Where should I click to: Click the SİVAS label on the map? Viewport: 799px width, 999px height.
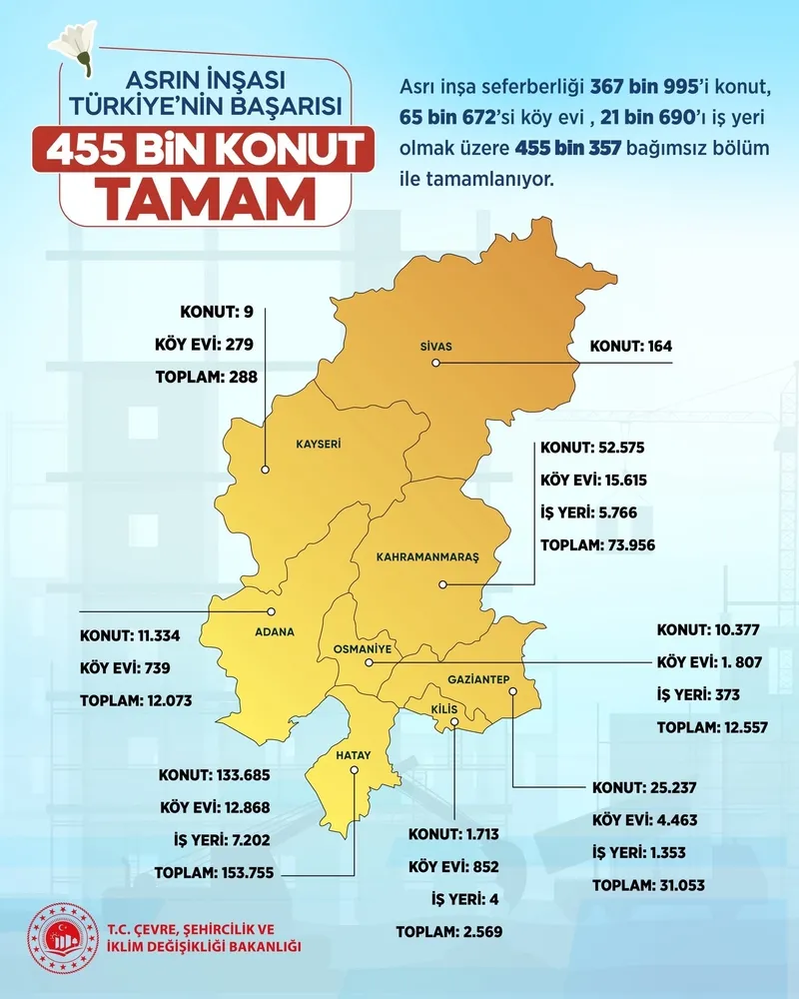click(435, 347)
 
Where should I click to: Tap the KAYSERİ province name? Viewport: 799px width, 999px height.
click(320, 442)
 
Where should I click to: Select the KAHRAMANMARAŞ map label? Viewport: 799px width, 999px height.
click(428, 556)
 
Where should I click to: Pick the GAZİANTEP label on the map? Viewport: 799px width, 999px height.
click(480, 680)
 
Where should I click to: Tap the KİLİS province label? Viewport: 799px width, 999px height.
click(443, 708)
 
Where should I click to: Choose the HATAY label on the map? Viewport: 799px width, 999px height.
click(353, 756)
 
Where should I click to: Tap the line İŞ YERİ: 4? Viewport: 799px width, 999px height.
click(464, 899)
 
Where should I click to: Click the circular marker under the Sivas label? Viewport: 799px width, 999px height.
click(436, 364)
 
